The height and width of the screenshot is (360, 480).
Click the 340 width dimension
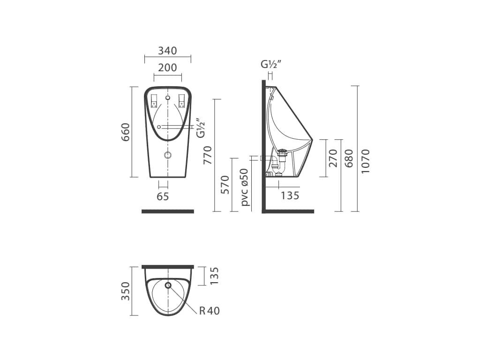(167, 51)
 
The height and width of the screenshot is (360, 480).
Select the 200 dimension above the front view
(167, 67)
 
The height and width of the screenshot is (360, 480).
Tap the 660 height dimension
(126, 132)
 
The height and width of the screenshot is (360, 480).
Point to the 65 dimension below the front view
(163, 196)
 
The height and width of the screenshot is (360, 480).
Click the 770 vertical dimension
(208, 155)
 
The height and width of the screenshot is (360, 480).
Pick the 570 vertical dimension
(225, 185)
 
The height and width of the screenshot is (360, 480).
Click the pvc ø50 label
(245, 187)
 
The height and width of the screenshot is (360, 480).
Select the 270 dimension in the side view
(332, 158)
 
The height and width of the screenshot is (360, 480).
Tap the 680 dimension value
(349, 158)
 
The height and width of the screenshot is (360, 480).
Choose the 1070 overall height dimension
(365, 161)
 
